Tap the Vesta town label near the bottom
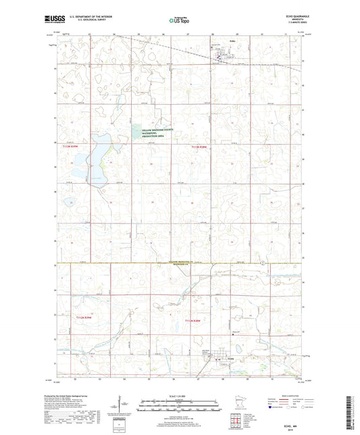(x=220, y=359)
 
